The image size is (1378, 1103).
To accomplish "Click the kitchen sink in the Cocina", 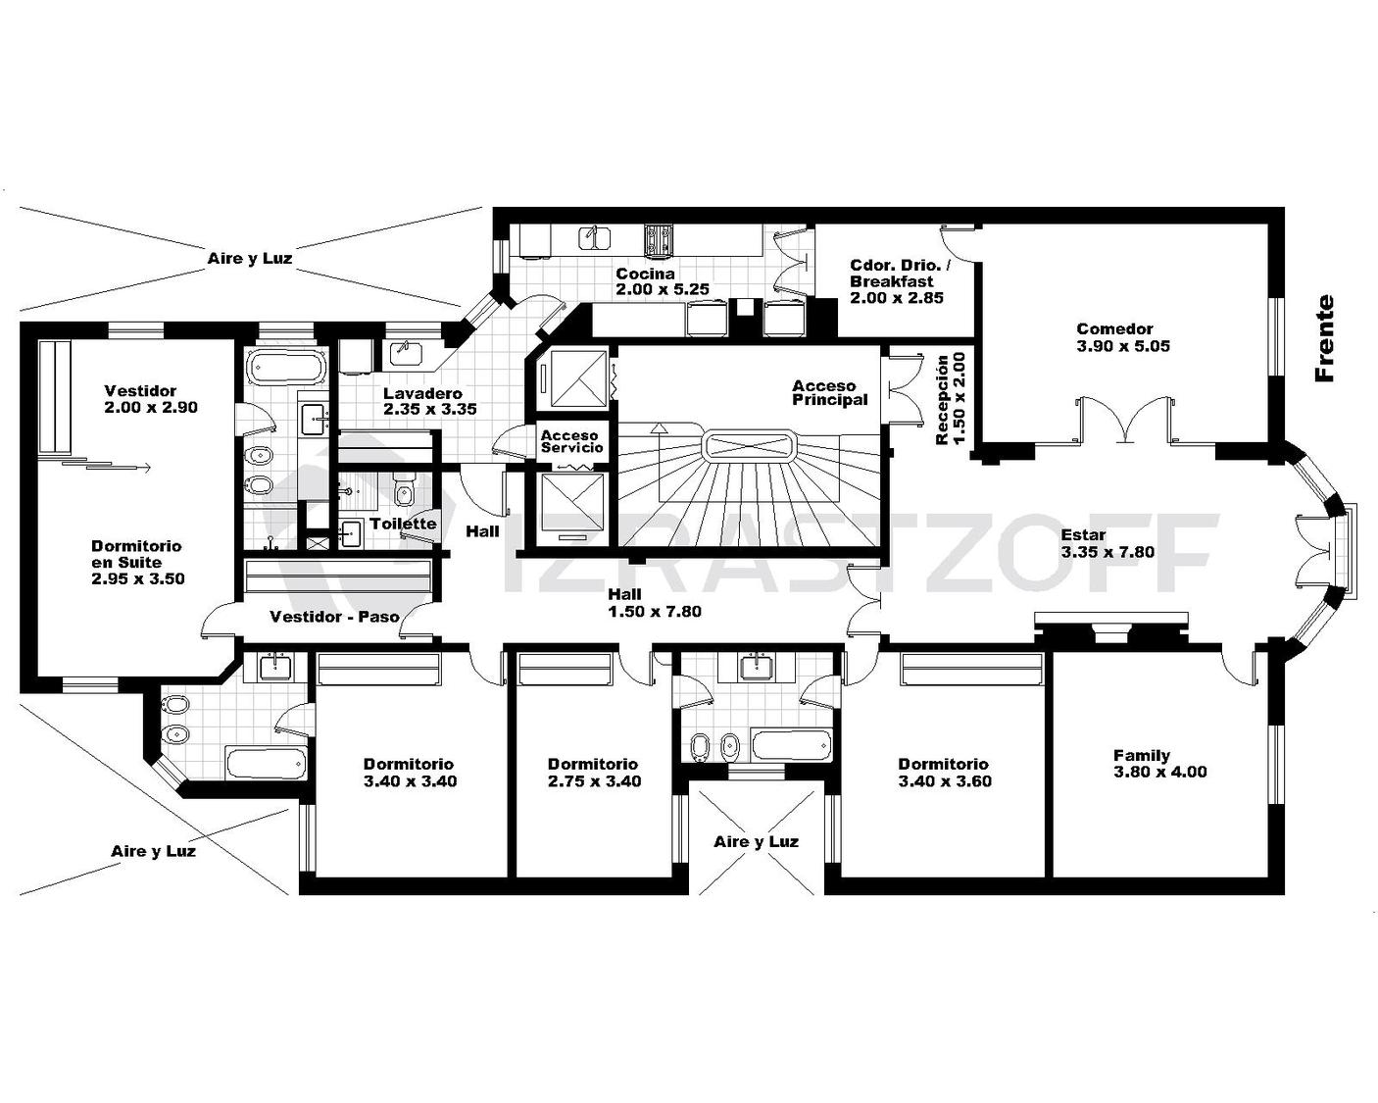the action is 594,238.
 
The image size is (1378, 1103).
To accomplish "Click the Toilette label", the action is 403,524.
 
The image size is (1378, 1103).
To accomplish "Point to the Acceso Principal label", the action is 830,392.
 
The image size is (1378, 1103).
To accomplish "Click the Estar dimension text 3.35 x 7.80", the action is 1107,551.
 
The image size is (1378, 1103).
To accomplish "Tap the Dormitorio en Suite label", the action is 137,563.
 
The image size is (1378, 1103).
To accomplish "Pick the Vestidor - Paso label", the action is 334,617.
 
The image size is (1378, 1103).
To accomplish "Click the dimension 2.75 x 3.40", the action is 594,780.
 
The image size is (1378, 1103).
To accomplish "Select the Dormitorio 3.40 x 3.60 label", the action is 945,772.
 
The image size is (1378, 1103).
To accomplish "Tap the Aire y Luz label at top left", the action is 250,258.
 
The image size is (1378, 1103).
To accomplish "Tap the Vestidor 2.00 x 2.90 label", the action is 151,398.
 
